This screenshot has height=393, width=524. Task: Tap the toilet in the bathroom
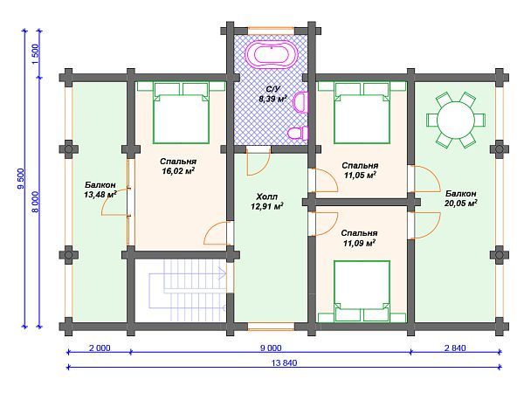(x=298, y=133)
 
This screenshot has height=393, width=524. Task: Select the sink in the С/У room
(x=300, y=101)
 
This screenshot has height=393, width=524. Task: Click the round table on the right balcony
(x=456, y=120)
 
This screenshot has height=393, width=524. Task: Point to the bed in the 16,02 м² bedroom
(x=181, y=113)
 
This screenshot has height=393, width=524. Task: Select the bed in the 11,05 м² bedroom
(x=362, y=113)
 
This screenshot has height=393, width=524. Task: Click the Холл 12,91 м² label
(x=266, y=202)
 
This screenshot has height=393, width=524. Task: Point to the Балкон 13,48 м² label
(x=100, y=190)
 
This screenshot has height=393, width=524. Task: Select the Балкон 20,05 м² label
(x=460, y=198)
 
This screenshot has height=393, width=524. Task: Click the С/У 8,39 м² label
(x=272, y=94)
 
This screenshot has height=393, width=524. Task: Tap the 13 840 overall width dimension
(x=284, y=363)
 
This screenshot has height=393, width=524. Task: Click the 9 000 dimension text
(x=271, y=348)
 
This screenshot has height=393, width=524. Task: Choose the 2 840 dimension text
(x=455, y=348)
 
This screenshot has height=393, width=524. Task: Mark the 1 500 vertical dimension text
(x=36, y=54)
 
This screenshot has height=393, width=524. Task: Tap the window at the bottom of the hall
(x=271, y=327)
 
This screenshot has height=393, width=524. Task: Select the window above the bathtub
(x=271, y=31)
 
